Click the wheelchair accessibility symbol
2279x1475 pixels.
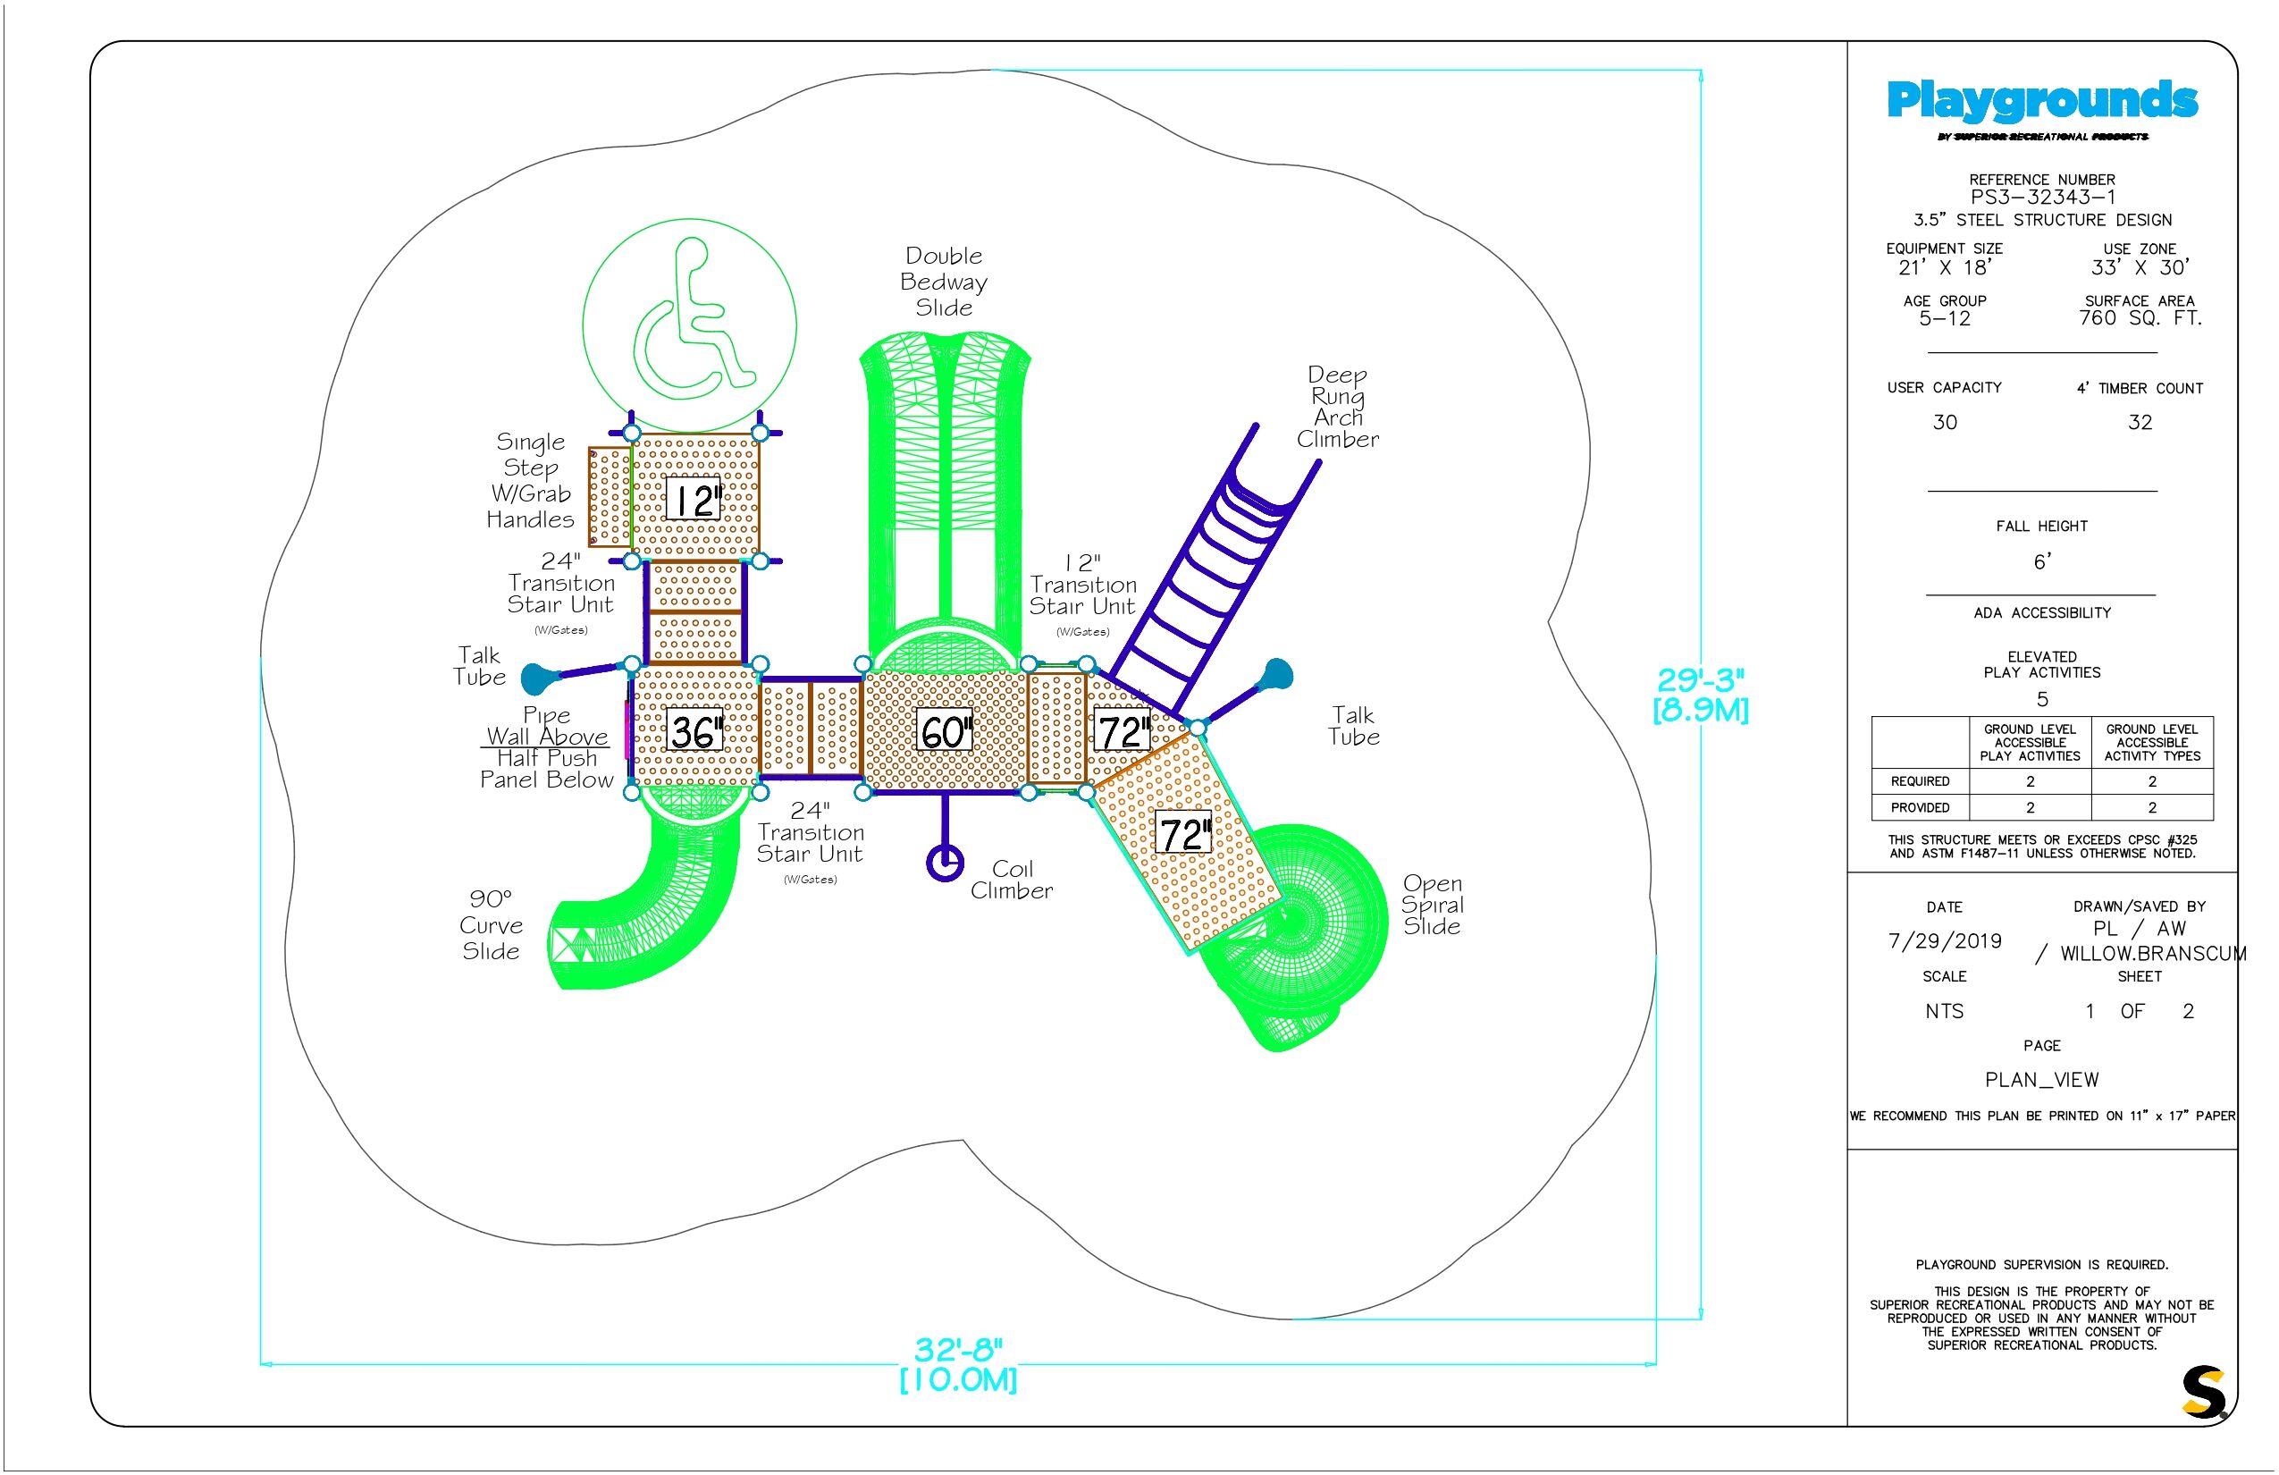click(689, 324)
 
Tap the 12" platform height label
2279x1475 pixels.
click(694, 499)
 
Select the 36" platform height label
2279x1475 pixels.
click(694, 731)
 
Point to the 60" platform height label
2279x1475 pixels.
click(946, 731)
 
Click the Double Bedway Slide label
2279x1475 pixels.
click(944, 282)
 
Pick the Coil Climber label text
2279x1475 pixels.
click(1011, 880)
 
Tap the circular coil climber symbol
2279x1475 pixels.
click(946, 862)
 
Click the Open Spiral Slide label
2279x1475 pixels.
click(1432, 904)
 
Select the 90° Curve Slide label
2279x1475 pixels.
click(491, 924)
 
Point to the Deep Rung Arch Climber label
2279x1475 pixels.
click(1338, 407)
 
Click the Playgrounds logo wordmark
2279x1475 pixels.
click(2041, 102)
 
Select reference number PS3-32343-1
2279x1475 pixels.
click(2041, 198)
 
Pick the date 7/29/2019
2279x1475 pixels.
click(1944, 940)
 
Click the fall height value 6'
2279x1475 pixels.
click(2041, 561)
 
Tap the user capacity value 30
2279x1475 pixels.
click(1944, 422)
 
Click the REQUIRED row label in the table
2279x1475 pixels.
click(1920, 781)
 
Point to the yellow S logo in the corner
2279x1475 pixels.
click(2203, 1392)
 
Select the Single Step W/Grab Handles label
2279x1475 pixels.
click(531, 481)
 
